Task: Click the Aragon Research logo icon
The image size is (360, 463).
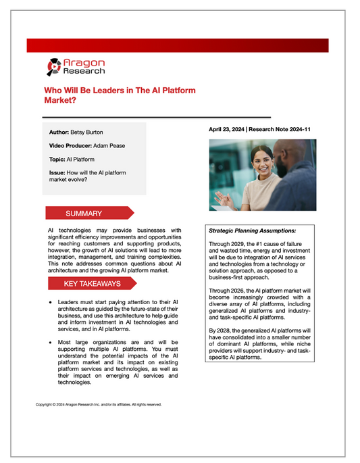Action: [x=54, y=66]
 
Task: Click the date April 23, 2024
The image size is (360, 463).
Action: [x=230, y=128]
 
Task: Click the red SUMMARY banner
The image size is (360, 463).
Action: [x=84, y=214]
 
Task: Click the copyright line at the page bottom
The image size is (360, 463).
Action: [x=99, y=404]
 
